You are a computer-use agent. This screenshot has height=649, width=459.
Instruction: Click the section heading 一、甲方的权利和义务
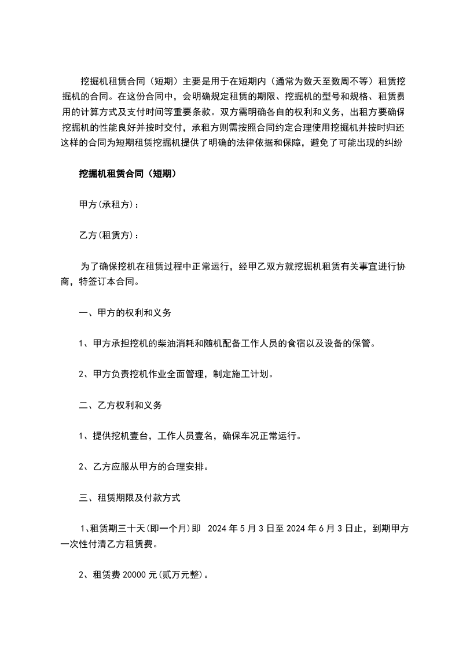point(124,313)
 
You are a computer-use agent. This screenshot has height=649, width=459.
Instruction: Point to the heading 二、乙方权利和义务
point(120,405)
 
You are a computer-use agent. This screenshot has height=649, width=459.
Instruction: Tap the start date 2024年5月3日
point(237,528)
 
